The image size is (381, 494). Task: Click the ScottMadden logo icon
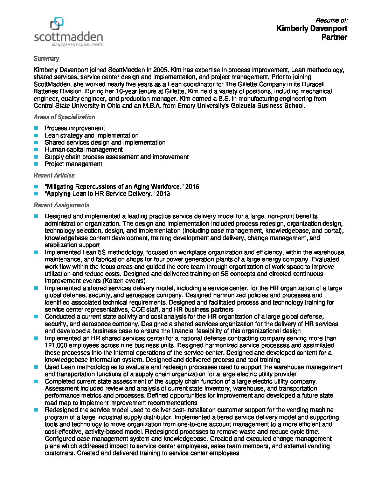pyautogui.click(x=57, y=24)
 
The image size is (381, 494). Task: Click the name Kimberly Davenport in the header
pyautogui.click(x=312, y=28)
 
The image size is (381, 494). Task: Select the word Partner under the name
pyautogui.click(x=334, y=37)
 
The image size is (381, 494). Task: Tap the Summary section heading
pyautogui.click(x=46, y=59)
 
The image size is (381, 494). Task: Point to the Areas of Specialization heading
pyautogui.click(x=64, y=117)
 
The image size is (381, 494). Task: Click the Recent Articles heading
pyautogui.click(x=54, y=175)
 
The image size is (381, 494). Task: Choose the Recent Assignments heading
pyautogui.click(x=61, y=205)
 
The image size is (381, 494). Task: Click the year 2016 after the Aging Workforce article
pyautogui.click(x=192, y=187)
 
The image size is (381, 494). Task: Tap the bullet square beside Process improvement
pyautogui.click(x=36, y=128)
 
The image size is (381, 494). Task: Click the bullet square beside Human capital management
pyautogui.click(x=36, y=150)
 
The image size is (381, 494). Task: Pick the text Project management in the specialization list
pyautogui.click(x=74, y=164)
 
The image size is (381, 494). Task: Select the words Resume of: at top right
pyautogui.click(x=332, y=20)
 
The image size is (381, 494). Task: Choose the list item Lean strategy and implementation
pyautogui.click(x=91, y=135)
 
